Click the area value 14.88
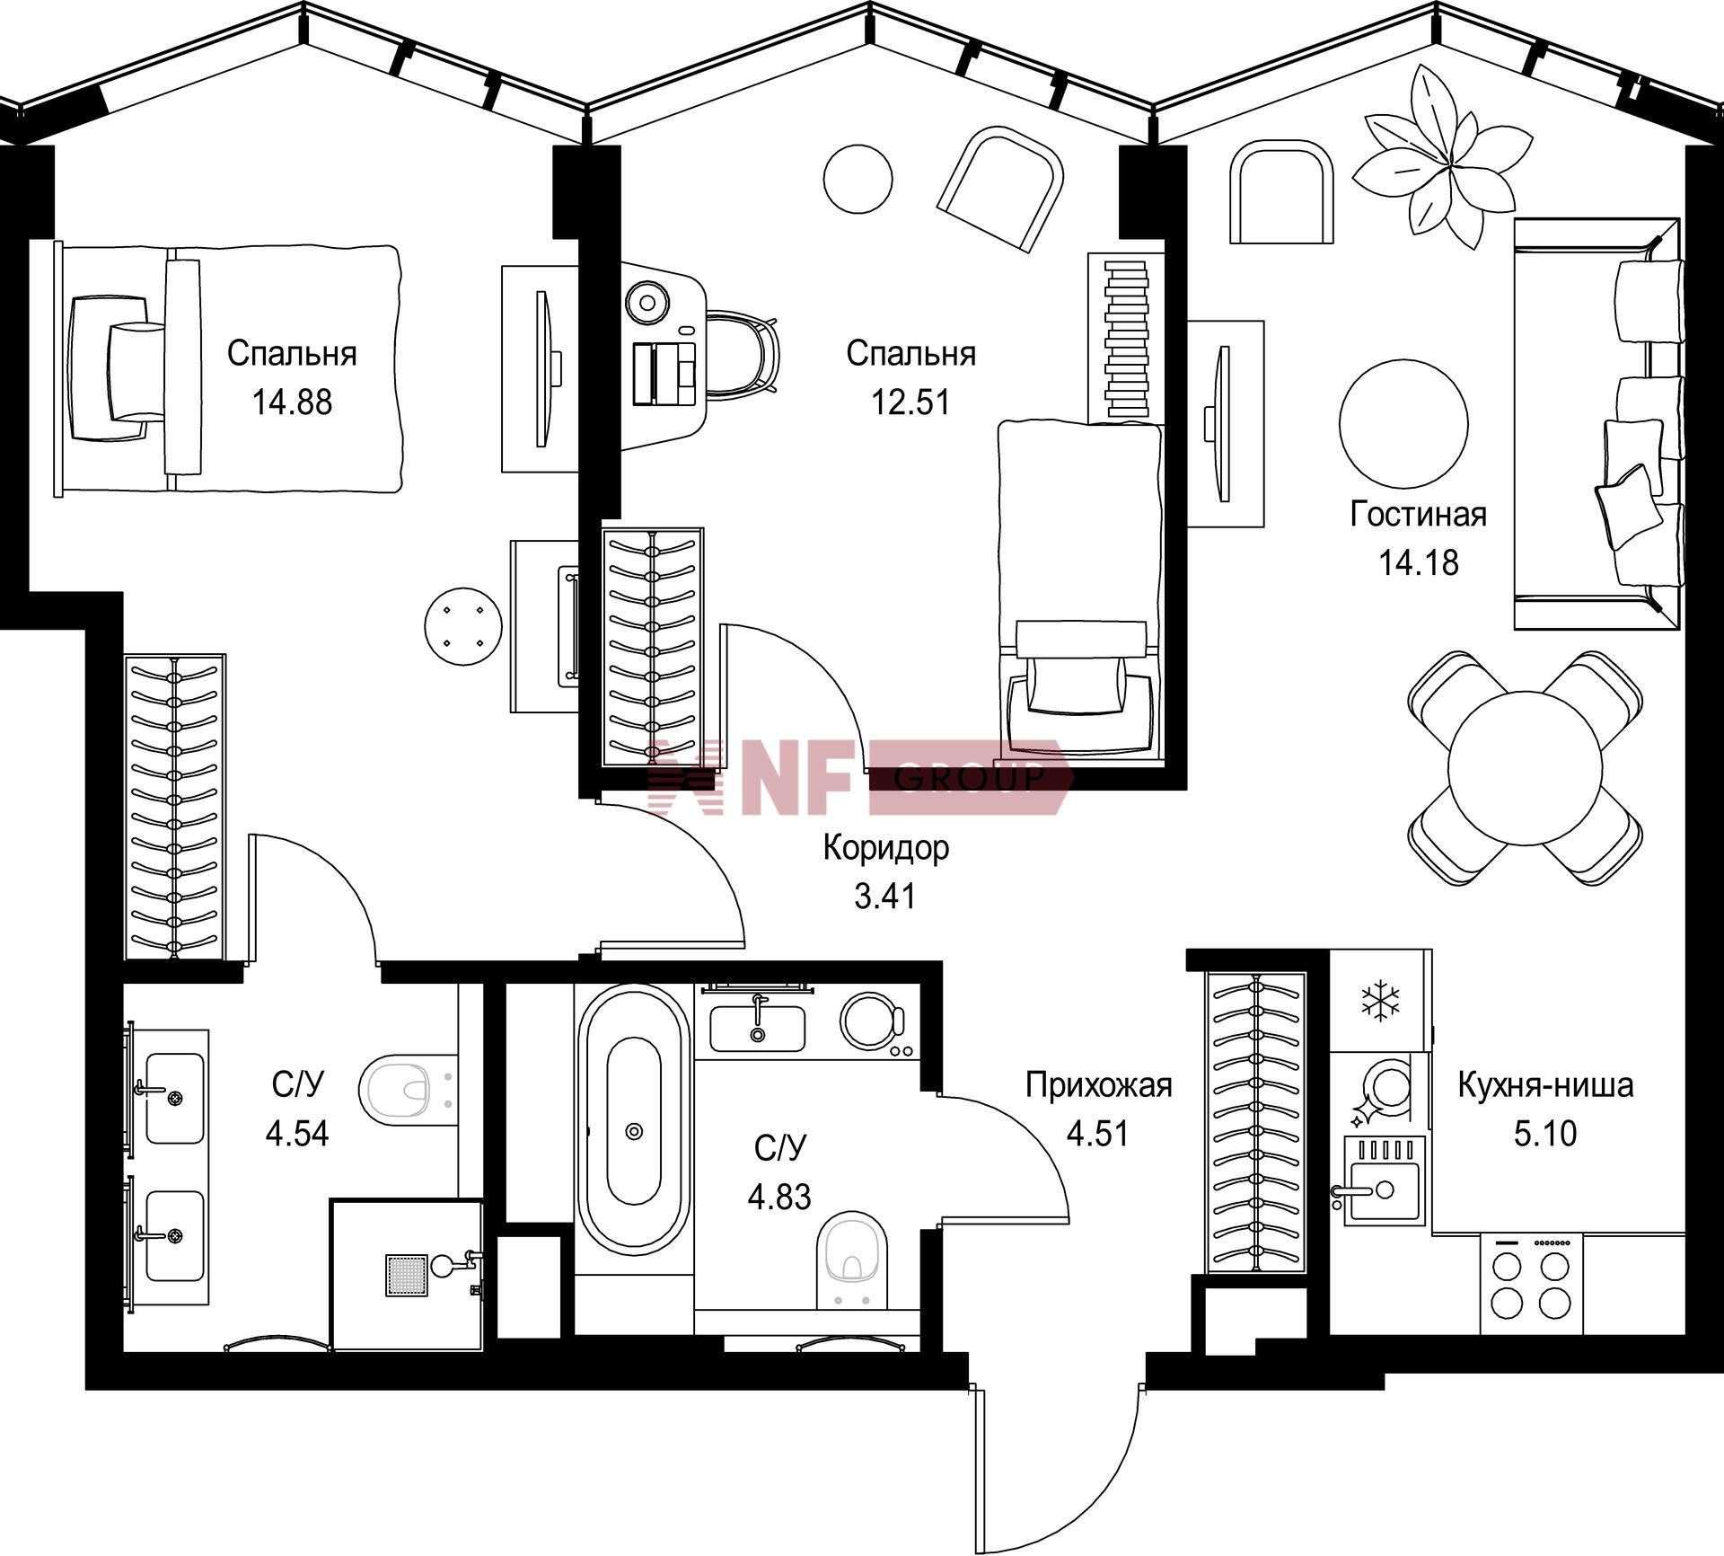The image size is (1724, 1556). (x=292, y=402)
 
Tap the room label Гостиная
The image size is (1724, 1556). (x=1419, y=514)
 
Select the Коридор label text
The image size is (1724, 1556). (x=886, y=847)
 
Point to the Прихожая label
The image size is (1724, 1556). (x=1099, y=1085)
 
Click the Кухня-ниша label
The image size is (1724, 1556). (x=1545, y=1085)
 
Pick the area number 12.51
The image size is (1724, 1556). (x=910, y=402)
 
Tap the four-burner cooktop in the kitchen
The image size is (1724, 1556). (x=1531, y=1283)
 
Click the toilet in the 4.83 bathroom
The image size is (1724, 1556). (x=852, y=1258)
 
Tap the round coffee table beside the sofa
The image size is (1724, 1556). (x=1403, y=423)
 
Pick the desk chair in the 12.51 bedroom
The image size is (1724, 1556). (x=742, y=352)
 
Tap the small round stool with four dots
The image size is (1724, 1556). (x=463, y=626)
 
